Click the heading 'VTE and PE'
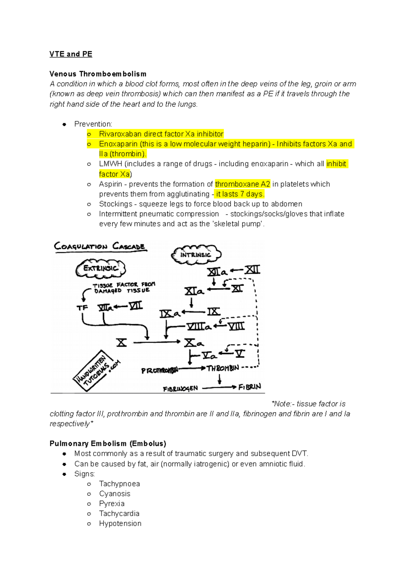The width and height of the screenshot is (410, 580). click(71, 54)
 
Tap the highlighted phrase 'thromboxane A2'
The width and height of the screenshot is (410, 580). click(242, 184)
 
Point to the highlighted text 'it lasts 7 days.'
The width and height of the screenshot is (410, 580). click(240, 194)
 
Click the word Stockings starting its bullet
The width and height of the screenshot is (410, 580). click(115, 204)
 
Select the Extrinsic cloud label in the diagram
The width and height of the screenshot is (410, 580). click(100, 268)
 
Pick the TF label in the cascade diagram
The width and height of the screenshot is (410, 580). click(82, 308)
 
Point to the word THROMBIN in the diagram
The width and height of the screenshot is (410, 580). click(222, 368)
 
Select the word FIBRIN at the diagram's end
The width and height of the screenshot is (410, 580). click(250, 387)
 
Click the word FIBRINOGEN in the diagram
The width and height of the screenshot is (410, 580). click(180, 389)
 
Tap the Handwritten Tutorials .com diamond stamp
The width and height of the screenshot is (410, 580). click(97, 371)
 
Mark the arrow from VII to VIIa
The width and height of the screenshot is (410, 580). click(121, 306)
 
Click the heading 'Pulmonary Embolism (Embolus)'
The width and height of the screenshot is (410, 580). click(108, 444)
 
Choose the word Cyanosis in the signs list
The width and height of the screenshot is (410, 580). click(114, 494)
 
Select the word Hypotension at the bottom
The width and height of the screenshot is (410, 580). click(120, 523)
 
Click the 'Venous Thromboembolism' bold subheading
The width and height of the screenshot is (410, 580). click(98, 74)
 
